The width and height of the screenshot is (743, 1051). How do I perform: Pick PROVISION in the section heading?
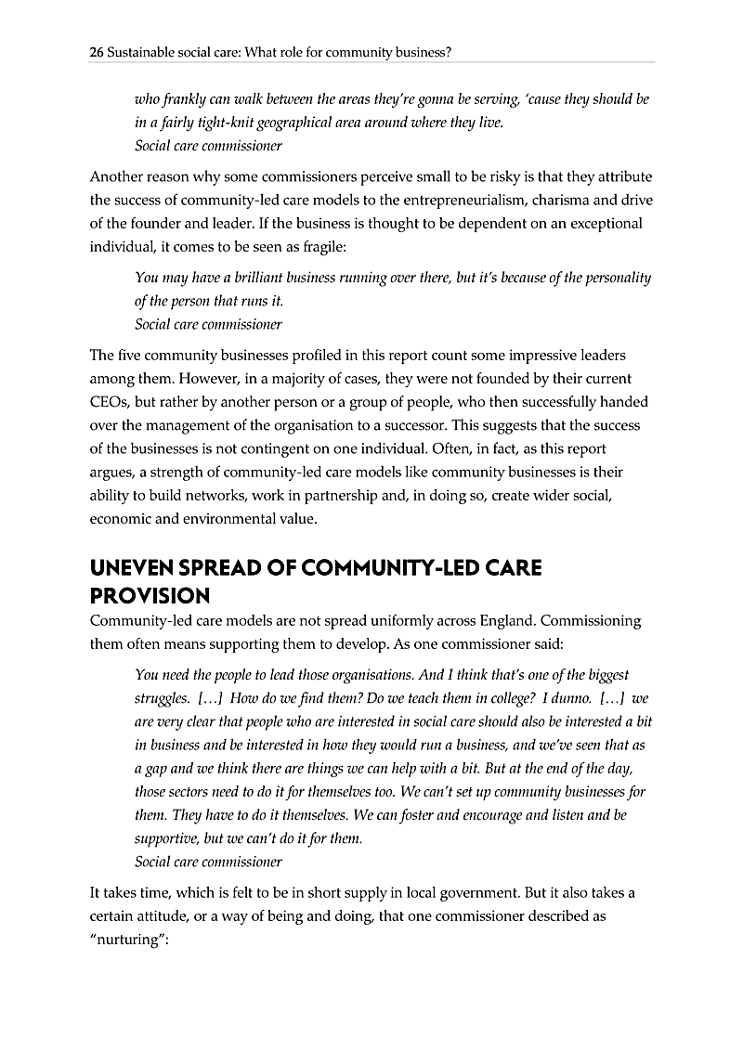150,595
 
